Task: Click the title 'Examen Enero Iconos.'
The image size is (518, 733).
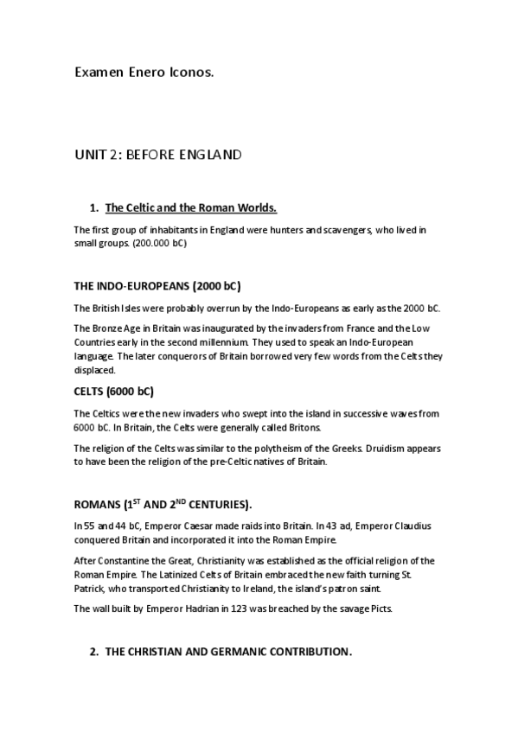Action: point(143,73)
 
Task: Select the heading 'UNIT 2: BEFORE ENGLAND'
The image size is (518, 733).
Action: point(157,156)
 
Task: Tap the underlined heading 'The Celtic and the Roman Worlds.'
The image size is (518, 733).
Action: point(190,208)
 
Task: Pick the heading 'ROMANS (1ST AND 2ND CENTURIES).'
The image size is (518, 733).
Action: point(163,504)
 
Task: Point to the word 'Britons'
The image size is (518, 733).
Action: point(304,427)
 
